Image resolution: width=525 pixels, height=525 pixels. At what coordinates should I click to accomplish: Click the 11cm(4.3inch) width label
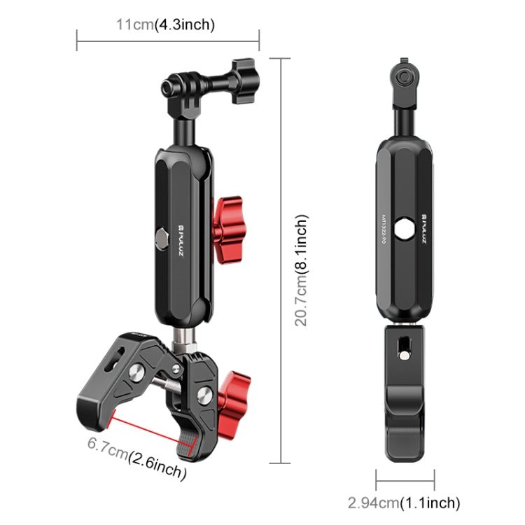click(x=165, y=25)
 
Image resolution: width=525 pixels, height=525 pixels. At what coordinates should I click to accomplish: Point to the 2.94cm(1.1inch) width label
click(x=405, y=503)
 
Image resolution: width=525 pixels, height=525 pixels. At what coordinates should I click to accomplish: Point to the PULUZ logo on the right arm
click(x=424, y=222)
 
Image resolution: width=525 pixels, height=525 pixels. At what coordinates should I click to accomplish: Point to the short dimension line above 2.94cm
click(x=405, y=479)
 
